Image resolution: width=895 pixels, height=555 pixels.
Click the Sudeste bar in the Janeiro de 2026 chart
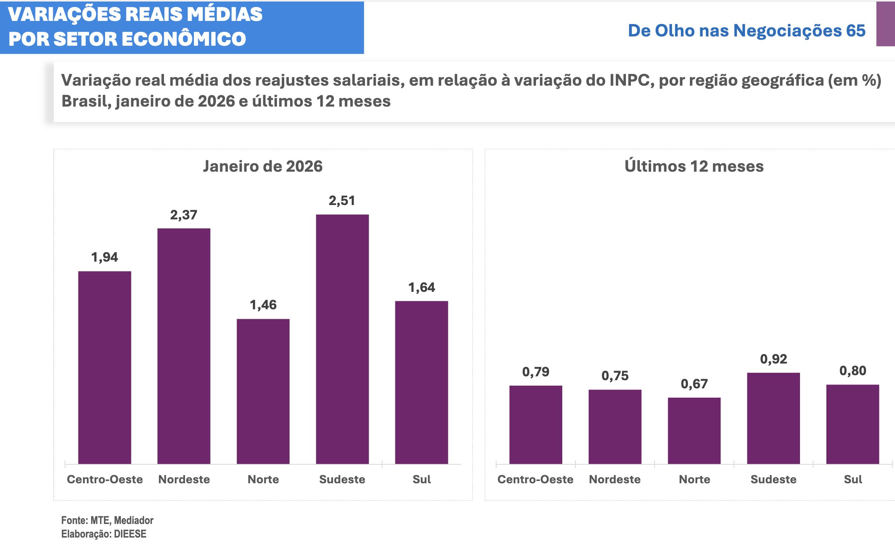pyautogui.click(x=342, y=339)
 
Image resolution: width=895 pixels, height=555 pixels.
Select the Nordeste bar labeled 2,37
pyautogui.click(x=184, y=346)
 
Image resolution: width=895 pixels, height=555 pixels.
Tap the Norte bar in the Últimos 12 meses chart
pyautogui.click(x=694, y=431)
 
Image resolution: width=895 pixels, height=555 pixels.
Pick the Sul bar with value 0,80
pyautogui.click(x=852, y=424)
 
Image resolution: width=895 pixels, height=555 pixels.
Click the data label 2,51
pyautogui.click(x=342, y=201)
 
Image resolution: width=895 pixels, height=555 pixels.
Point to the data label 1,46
pyautogui.click(x=263, y=305)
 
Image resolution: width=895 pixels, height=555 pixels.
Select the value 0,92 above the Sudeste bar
pyautogui.click(x=773, y=359)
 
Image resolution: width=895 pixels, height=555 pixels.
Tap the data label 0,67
pyautogui.click(x=694, y=384)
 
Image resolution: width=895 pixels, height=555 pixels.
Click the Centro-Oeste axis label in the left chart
pyautogui.click(x=105, y=479)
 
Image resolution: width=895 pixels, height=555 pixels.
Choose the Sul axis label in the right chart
pyautogui.click(x=853, y=479)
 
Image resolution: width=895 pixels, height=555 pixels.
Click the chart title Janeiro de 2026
pyautogui.click(x=263, y=166)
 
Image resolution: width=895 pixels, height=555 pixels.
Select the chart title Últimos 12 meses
pyautogui.click(x=694, y=166)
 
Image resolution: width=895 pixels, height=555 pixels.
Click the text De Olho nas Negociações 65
pyautogui.click(x=746, y=31)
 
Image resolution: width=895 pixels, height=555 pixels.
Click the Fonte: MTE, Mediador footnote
pyautogui.click(x=107, y=520)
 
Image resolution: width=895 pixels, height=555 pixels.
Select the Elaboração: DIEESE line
pyautogui.click(x=104, y=534)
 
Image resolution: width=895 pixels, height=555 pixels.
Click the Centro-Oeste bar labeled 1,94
pyautogui.click(x=105, y=367)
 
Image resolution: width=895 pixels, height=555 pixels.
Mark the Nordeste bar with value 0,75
pyautogui.click(x=615, y=427)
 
